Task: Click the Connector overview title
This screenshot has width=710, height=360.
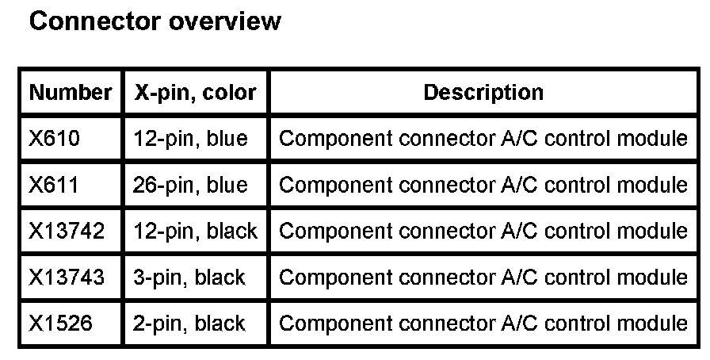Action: (x=155, y=21)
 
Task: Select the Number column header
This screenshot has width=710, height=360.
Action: (x=70, y=93)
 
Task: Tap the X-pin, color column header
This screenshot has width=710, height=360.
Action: (x=196, y=93)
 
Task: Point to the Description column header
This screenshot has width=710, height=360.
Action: (x=483, y=93)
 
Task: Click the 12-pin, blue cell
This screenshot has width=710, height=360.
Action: (x=190, y=139)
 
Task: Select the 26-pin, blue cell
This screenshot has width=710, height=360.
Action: (x=190, y=186)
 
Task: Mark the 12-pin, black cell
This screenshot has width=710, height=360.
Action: (x=195, y=232)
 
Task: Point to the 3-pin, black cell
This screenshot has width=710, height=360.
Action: (x=189, y=278)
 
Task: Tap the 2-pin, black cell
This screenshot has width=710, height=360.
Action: (x=189, y=324)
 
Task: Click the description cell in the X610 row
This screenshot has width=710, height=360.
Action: (x=483, y=139)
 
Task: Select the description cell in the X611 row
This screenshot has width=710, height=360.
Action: (x=483, y=186)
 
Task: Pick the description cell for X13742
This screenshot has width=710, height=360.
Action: (x=483, y=232)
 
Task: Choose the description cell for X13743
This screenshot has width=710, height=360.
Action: (x=483, y=278)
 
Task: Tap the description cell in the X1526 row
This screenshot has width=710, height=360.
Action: (x=483, y=324)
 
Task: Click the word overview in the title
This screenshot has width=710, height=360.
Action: (x=224, y=21)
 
